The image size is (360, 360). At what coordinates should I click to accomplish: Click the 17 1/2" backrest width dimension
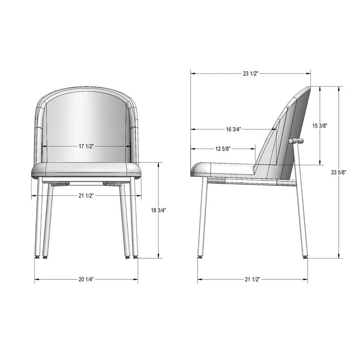pos(86,146)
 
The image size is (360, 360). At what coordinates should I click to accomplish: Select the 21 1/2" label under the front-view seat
pos(86,196)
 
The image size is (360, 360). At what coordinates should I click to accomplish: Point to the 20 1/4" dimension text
pos(86,279)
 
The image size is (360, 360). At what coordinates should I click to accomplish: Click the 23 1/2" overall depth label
pos(250,74)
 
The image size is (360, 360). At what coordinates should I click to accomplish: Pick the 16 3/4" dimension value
pos(234,129)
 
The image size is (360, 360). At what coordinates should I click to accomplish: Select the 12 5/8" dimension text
pos(223,148)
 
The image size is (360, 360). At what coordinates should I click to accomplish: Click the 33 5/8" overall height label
pos(339,172)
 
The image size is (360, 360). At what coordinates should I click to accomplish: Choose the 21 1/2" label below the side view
pos(252,279)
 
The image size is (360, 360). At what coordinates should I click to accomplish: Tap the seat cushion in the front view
pos(86,170)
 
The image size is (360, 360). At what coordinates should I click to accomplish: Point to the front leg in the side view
pos(202,217)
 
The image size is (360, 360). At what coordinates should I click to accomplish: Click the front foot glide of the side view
pos(200,258)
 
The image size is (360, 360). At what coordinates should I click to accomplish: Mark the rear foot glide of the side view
pos(305,257)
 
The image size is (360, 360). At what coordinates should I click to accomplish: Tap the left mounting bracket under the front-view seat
pos(61,183)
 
